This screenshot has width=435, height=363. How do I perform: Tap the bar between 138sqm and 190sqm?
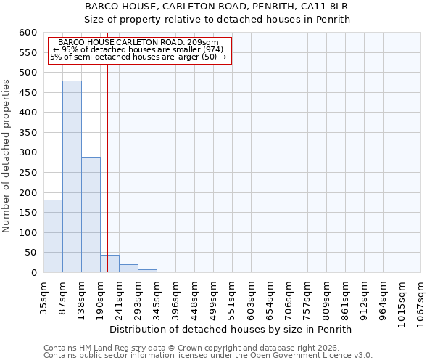(x=91, y=214)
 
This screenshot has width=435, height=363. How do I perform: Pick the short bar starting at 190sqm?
(x=109, y=264)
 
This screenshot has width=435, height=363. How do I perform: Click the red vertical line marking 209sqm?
(x=107, y=167)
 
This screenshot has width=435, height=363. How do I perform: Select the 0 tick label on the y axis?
(x=33, y=273)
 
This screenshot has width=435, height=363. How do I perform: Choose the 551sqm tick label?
(x=232, y=298)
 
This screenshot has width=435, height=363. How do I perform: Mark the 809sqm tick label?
(x=326, y=298)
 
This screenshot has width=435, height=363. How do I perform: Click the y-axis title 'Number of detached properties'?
(x=7, y=156)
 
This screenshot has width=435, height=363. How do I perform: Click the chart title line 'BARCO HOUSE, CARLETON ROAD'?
(x=217, y=7)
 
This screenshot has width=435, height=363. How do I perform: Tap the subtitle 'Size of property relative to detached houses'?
(x=217, y=20)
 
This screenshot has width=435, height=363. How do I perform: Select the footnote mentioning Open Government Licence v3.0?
(x=208, y=356)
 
